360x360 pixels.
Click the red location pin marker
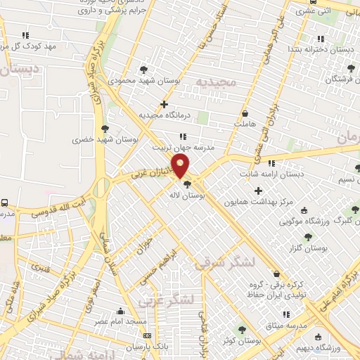[x=181, y=166]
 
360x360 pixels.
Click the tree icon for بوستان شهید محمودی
[x=143, y=69]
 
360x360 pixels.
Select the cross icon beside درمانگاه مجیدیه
[x=164, y=104]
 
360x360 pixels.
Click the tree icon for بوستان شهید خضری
[x=105, y=128]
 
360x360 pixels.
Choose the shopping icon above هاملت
[x=245, y=113]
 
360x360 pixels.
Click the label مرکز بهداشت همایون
[x=258, y=202]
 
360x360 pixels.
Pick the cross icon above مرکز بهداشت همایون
[x=258, y=191]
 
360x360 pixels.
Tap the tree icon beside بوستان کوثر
[x=242, y=329]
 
